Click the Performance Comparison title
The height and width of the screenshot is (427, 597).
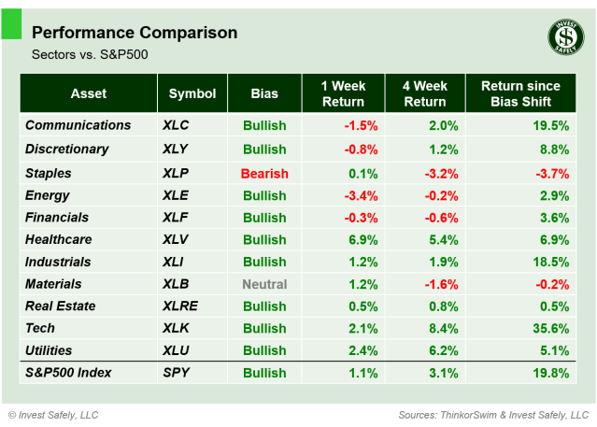click(x=135, y=33)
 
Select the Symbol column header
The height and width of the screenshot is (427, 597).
click(x=192, y=93)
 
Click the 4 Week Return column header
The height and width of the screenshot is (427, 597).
click(x=424, y=93)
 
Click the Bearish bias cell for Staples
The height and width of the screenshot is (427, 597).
click(x=264, y=173)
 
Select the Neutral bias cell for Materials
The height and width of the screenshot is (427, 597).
click(x=264, y=284)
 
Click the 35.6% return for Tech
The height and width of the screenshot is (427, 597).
click(x=548, y=329)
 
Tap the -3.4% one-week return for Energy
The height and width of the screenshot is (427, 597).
click(x=360, y=195)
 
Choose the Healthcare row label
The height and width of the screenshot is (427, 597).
click(x=59, y=240)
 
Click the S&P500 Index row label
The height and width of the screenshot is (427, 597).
click(x=68, y=373)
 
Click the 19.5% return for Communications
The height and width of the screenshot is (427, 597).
click(x=548, y=125)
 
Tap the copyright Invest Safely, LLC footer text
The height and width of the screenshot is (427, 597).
click(x=53, y=414)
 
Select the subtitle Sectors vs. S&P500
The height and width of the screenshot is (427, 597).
click(x=90, y=55)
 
